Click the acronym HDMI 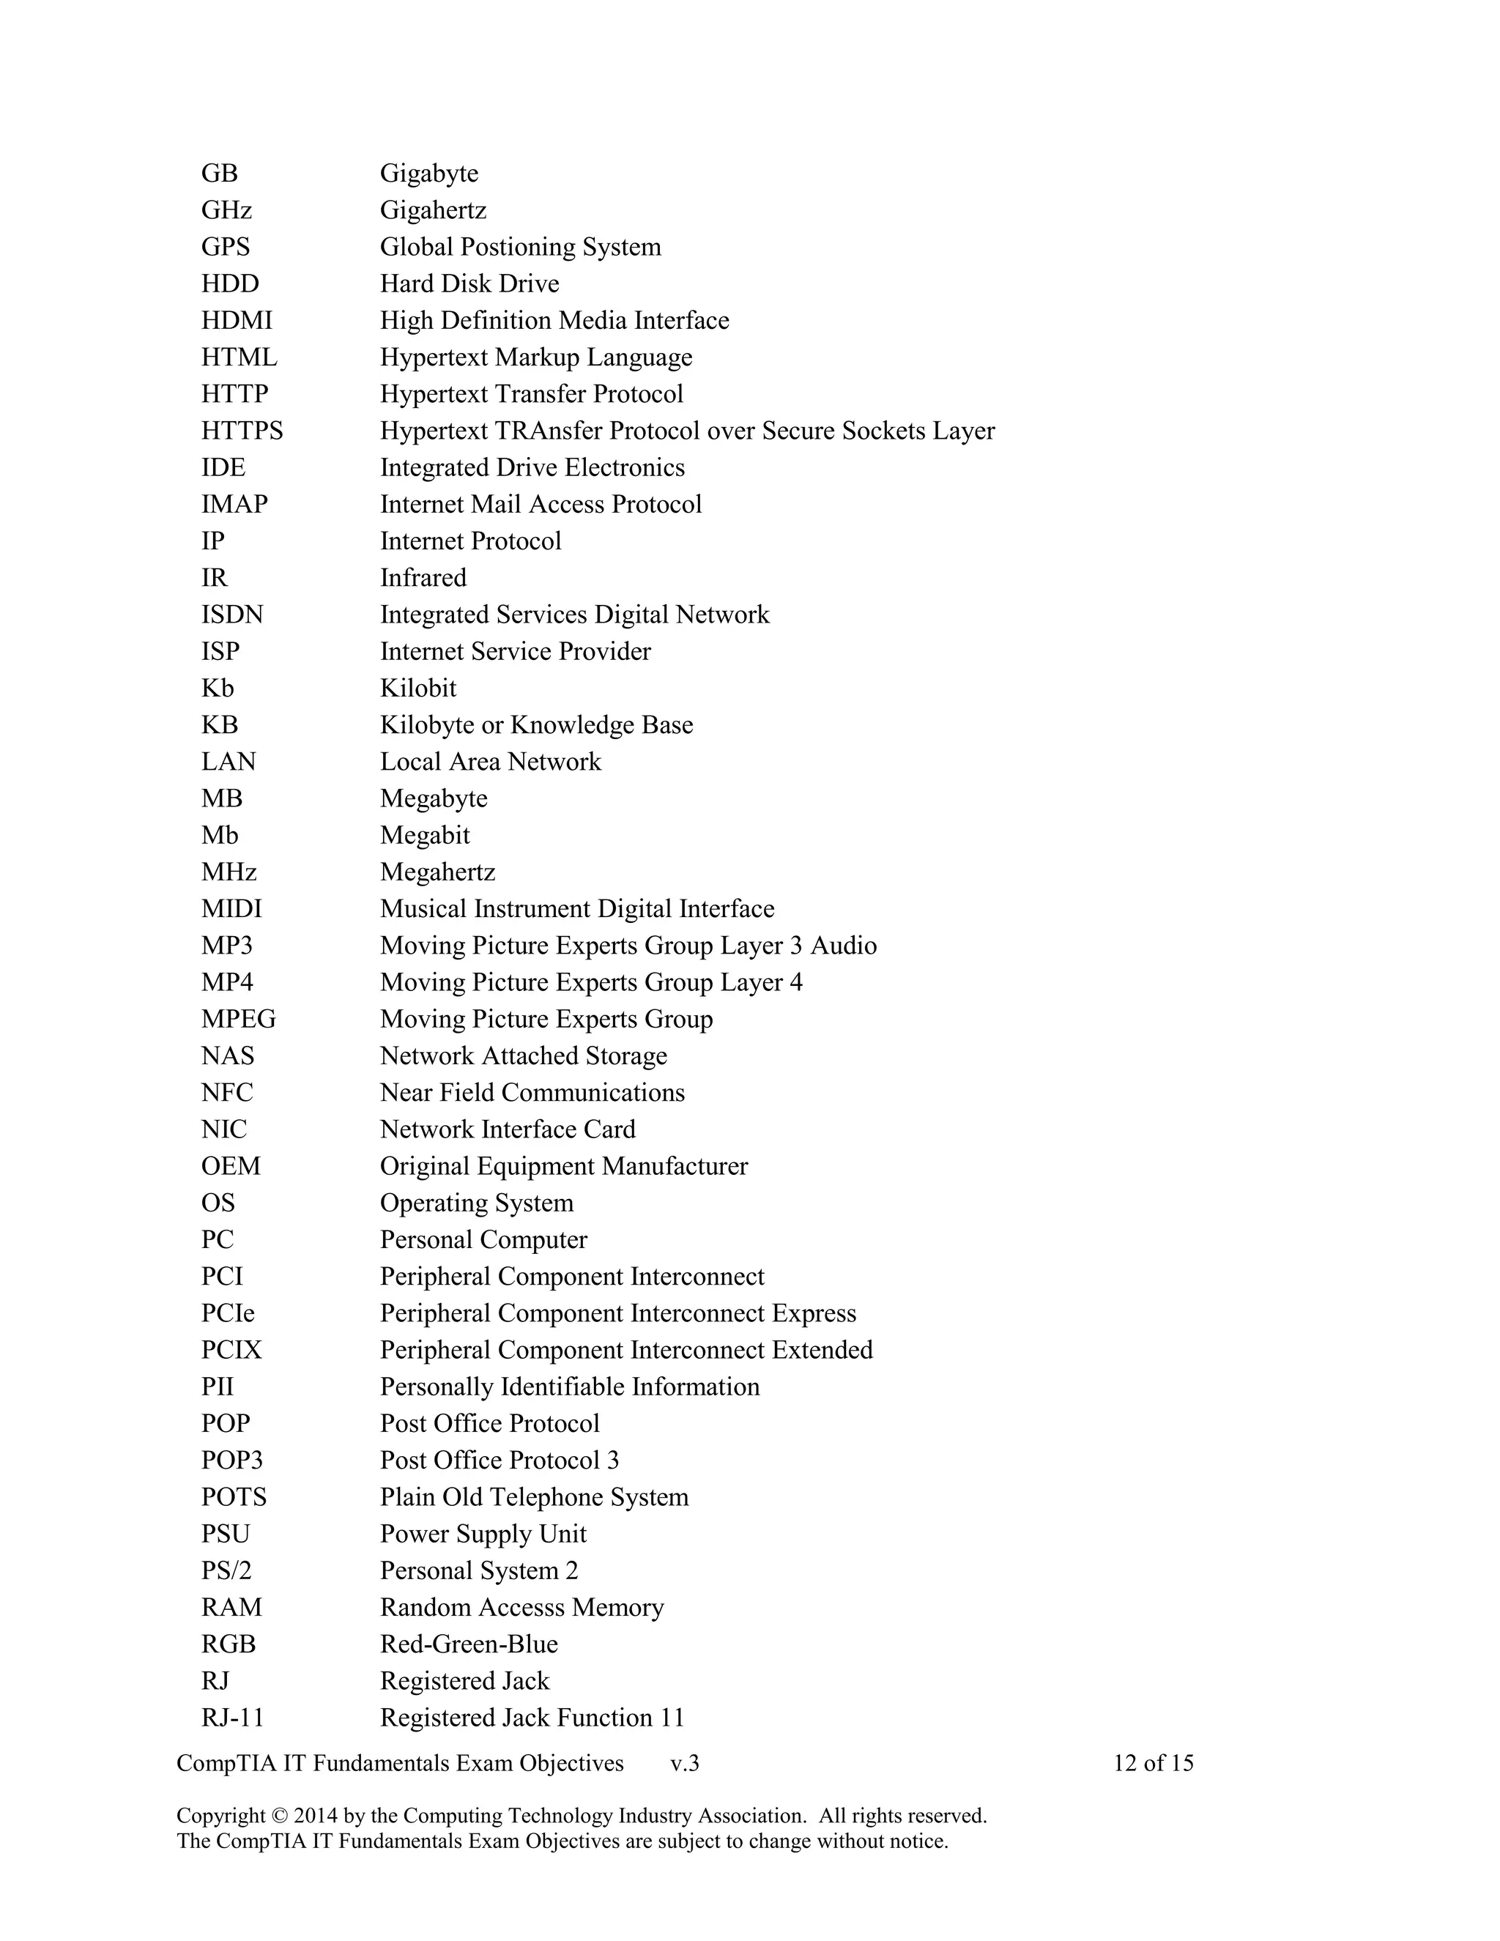point(237,320)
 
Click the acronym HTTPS point(242,430)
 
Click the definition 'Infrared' point(423,578)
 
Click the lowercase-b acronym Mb point(220,836)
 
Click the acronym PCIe point(228,1313)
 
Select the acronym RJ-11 point(233,1717)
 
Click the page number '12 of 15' point(1153,1763)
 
